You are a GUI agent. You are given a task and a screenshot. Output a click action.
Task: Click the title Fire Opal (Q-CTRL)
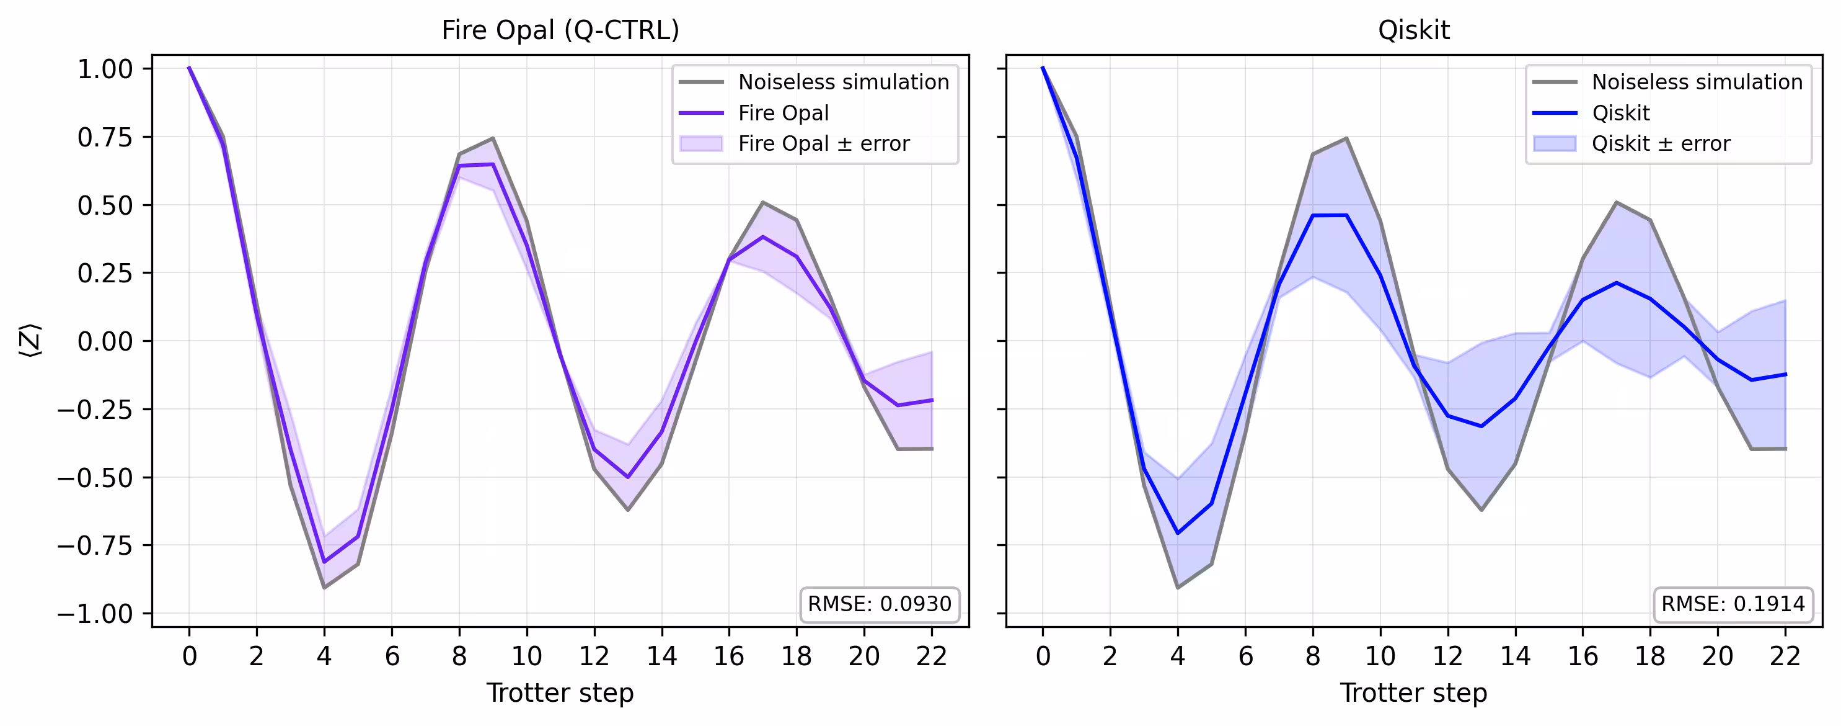560,30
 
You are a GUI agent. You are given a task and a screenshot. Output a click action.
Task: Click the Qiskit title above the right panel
1414,30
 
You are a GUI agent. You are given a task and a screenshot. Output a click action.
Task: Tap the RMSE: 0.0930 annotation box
879,604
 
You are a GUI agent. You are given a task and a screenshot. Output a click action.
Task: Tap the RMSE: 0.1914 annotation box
1733,604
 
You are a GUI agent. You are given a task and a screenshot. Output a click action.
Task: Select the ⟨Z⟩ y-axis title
30,341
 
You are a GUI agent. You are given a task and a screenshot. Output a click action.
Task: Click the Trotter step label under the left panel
560,692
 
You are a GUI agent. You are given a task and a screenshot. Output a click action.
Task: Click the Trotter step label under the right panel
1414,692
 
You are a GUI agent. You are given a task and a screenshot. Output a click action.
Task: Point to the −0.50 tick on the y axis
95,477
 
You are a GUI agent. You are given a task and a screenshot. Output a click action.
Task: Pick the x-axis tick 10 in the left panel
527,655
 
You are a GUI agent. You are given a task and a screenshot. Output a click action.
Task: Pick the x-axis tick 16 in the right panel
1583,655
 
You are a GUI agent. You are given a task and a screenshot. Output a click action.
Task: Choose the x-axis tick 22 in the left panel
931,655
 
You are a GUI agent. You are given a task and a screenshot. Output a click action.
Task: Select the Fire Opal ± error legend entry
823,144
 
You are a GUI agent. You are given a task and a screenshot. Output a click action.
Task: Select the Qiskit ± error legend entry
1660,144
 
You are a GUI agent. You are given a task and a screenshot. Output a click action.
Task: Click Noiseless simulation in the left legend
843,83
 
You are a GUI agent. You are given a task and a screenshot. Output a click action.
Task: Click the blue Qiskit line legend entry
1620,113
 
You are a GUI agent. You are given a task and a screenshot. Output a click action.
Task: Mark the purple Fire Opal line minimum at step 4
324,562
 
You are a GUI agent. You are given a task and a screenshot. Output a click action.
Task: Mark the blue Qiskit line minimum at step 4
1178,533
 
